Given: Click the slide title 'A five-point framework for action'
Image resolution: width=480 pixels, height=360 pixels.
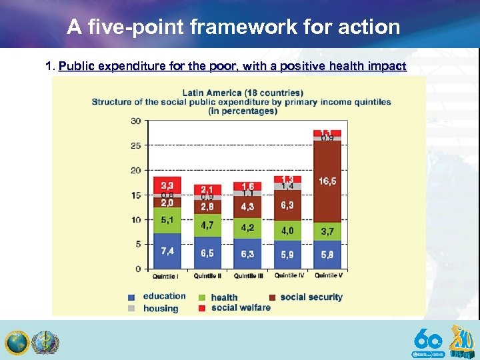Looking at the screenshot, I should click(x=233, y=27).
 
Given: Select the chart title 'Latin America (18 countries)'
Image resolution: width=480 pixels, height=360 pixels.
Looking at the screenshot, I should click(x=243, y=92).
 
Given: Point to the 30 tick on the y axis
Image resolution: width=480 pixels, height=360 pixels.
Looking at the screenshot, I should click(x=136, y=121).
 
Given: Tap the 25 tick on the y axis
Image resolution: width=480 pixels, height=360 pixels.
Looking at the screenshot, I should click(x=136, y=145).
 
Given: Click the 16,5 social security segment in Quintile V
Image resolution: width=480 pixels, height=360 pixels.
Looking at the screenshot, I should click(x=327, y=181).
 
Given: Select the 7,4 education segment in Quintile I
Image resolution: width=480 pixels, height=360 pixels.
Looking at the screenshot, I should click(x=167, y=251).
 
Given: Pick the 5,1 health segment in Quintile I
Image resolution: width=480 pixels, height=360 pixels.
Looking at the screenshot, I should click(x=167, y=220).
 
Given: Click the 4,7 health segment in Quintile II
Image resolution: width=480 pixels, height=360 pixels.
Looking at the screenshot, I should click(x=207, y=225).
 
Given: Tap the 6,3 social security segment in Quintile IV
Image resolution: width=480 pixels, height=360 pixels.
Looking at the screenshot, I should click(x=287, y=205).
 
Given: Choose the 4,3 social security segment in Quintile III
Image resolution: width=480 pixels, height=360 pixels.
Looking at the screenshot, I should click(x=247, y=207).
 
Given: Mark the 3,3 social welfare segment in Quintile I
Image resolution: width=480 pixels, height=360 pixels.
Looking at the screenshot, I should click(x=167, y=184).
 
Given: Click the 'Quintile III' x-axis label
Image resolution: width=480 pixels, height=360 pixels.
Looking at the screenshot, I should click(x=247, y=276).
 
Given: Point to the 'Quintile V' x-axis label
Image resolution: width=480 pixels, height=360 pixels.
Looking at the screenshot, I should click(x=328, y=276).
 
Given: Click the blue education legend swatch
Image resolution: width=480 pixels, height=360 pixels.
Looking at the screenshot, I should click(x=131, y=297).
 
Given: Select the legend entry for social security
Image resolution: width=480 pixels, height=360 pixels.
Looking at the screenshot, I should click(x=311, y=297).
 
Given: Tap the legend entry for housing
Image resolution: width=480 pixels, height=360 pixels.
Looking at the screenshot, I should click(x=160, y=309).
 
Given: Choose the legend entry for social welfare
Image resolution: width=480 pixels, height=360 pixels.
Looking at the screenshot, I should click(x=241, y=307).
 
